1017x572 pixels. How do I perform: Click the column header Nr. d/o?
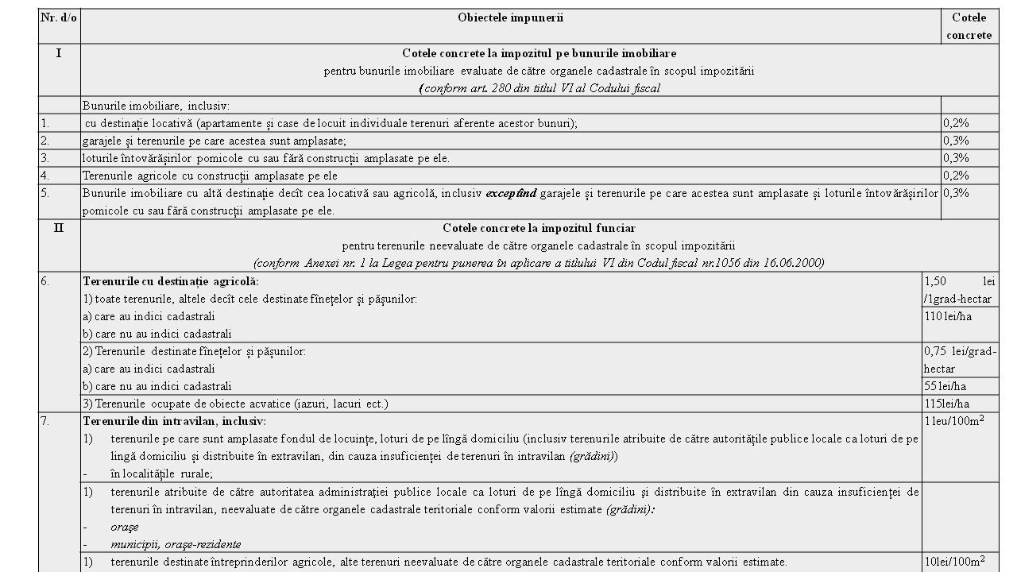[x=59, y=17]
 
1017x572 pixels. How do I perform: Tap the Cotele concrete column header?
[x=969, y=26]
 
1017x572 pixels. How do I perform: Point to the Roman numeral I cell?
[x=59, y=53]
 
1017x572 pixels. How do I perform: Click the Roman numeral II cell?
[x=59, y=228]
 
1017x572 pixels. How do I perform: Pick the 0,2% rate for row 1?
[x=956, y=123]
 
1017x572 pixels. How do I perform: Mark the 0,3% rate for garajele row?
[x=956, y=141]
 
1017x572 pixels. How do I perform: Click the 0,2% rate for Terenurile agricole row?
[x=956, y=176]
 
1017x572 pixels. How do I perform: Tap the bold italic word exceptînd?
[x=511, y=193]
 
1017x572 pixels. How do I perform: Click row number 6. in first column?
[x=45, y=281]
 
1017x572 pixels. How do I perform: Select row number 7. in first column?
[x=45, y=421]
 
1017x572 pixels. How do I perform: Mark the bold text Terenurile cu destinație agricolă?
[x=171, y=281]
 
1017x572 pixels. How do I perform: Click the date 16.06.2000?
[x=795, y=263]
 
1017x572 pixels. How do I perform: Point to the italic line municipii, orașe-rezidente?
[x=176, y=544]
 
